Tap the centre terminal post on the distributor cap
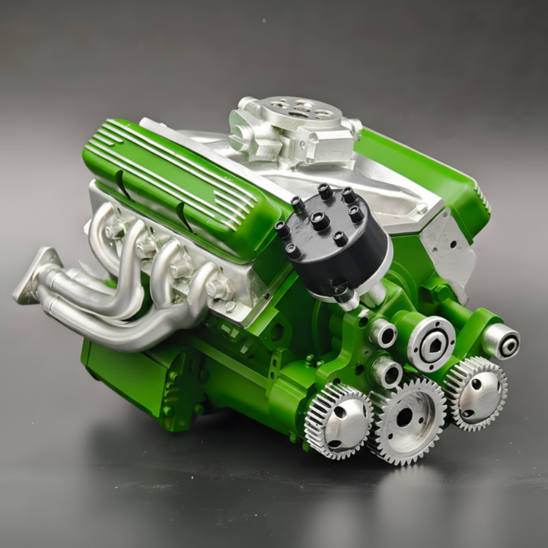[320, 221]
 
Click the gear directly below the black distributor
[339, 420]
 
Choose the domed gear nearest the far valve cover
[476, 392]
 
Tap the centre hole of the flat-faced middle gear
[404, 416]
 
